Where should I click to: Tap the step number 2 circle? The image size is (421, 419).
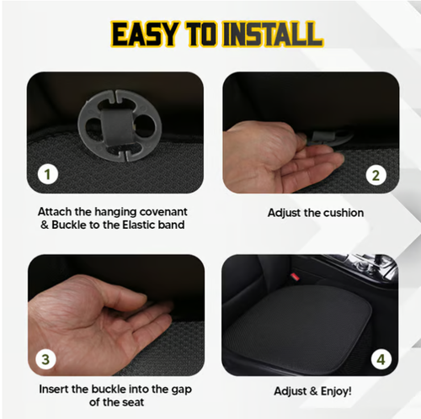click(376, 175)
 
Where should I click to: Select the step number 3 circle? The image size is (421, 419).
click(50, 358)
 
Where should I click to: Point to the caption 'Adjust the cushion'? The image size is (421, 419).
click(316, 213)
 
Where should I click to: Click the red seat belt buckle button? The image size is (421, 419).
click(295, 276)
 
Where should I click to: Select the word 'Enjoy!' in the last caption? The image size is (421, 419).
click(335, 391)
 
